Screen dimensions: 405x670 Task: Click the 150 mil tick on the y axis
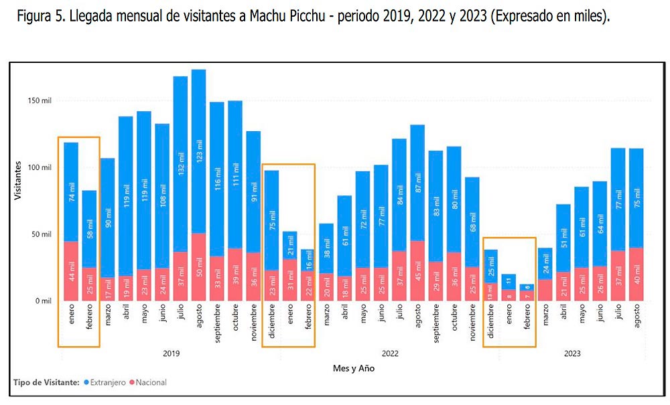42,100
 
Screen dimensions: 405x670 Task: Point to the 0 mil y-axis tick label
44,301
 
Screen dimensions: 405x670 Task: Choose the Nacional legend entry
148,382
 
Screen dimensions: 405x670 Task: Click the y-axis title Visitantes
18,181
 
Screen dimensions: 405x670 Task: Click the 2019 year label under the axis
172,353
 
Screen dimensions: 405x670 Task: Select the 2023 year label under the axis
572,353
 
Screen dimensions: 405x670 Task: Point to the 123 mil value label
198,156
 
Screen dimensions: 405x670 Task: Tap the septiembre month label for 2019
217,325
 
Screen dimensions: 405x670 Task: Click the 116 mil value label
217,181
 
